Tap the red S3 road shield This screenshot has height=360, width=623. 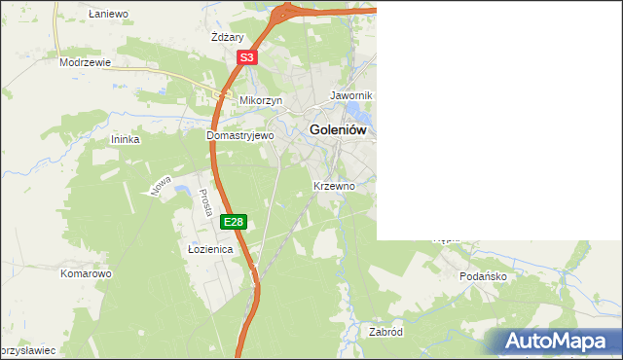(247, 58)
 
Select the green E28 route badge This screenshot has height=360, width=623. (234, 223)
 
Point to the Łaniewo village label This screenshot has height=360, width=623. (108, 15)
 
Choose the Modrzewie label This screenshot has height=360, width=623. (85, 61)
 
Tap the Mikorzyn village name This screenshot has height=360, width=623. (261, 100)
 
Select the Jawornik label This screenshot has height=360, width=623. (351, 95)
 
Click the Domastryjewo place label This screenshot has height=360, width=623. (240, 136)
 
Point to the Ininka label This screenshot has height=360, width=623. (126, 139)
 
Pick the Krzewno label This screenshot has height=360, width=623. (334, 185)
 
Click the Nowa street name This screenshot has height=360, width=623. (162, 185)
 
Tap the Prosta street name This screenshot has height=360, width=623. (206, 202)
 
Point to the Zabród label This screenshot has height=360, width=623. (385, 332)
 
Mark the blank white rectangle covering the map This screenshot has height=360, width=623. (498, 120)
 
